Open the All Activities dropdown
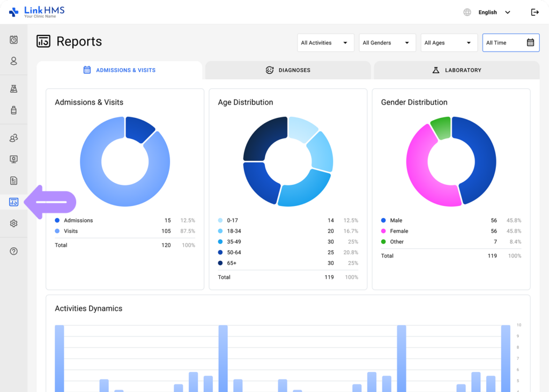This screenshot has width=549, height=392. point(325,43)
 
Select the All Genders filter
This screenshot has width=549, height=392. point(387,43)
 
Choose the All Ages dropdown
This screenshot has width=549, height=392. point(449,43)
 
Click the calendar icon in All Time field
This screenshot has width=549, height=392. point(530,43)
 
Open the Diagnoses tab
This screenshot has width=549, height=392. point(288,70)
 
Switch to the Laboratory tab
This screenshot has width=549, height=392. point(456,70)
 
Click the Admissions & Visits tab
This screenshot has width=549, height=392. point(120,70)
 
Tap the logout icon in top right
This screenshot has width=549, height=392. point(535,12)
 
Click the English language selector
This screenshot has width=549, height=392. point(488,12)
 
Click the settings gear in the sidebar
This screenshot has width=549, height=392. point(14,224)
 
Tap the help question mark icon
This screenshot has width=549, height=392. point(14,251)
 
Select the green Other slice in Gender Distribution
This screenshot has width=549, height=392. point(441,128)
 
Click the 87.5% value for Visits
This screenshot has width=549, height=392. point(188,231)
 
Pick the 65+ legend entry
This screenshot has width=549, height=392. point(231,263)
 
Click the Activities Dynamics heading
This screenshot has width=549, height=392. point(88,308)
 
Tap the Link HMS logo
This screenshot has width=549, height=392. point(37,12)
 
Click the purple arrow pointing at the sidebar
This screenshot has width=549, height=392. point(51,202)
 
